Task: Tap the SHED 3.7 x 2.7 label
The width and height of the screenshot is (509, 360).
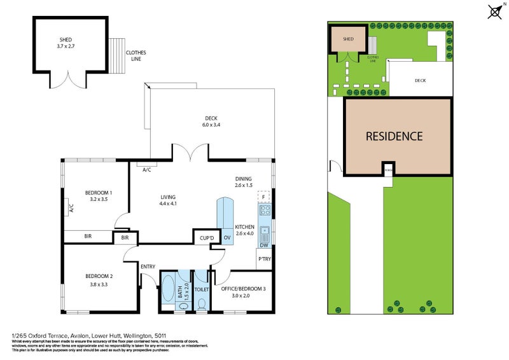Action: click(66, 43)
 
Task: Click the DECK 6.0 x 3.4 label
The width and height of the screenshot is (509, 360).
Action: click(211, 120)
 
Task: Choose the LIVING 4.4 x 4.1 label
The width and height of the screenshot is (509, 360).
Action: click(168, 200)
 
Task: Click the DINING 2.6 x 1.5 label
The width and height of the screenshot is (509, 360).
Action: click(244, 181)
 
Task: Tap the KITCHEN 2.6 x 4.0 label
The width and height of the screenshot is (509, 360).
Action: click(244, 230)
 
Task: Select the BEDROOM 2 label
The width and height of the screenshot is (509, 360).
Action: click(99, 279)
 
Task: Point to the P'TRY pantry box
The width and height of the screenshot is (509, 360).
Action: click(264, 260)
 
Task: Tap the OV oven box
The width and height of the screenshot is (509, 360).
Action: click(227, 237)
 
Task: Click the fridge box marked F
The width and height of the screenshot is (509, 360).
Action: click(263, 197)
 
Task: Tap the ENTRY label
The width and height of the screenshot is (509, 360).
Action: click(148, 266)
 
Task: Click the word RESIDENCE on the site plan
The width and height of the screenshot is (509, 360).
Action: click(394, 135)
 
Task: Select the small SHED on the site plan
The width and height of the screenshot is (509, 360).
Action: click(348, 39)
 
